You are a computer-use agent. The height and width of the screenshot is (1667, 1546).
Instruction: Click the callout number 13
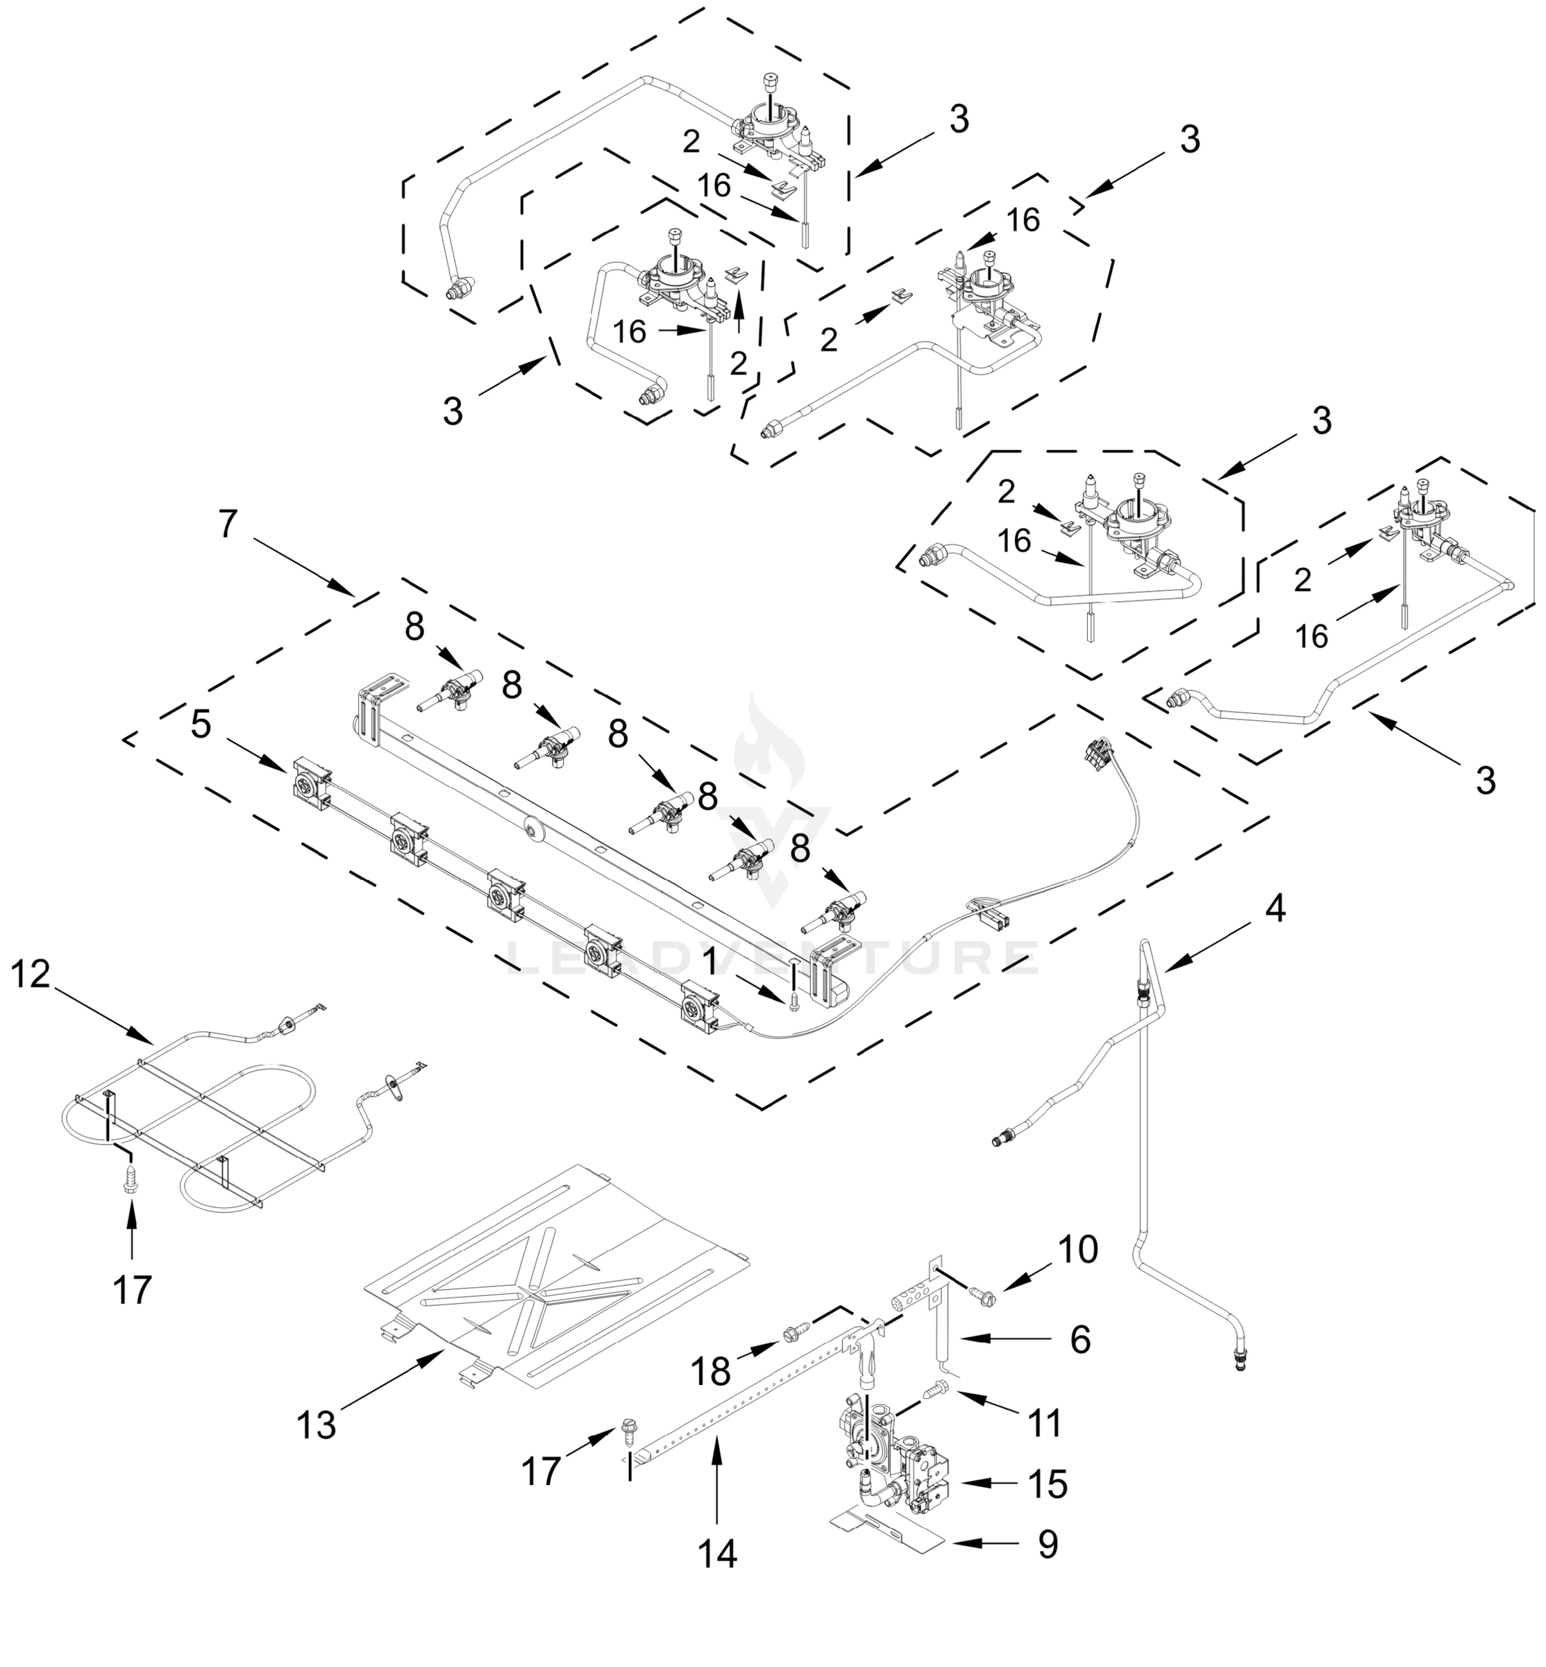point(317,1425)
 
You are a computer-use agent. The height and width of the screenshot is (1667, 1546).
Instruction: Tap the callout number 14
point(717,1553)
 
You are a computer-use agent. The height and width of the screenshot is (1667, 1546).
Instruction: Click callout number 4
point(1274,908)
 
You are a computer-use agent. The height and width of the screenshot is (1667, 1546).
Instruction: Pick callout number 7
point(228,524)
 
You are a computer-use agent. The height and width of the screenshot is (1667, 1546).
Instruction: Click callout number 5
point(201,724)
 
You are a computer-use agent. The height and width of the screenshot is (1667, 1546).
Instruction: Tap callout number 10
point(1077,1250)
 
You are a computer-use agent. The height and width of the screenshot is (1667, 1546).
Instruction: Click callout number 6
point(1080,1340)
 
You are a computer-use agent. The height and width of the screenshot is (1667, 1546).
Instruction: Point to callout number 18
point(710,1372)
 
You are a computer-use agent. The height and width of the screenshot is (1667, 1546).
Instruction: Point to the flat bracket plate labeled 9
point(887,1536)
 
